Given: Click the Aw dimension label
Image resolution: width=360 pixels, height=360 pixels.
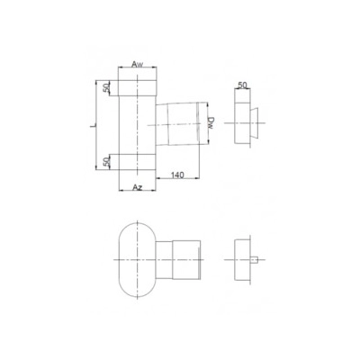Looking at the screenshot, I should pyautogui.click(x=137, y=65).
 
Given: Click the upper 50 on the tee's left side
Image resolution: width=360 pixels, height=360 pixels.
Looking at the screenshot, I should pyautogui.click(x=107, y=87).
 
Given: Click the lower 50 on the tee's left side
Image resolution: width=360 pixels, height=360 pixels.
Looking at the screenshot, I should pyautogui.click(x=107, y=161).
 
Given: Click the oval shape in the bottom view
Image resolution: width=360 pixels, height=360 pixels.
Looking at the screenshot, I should pyautogui.click(x=136, y=259).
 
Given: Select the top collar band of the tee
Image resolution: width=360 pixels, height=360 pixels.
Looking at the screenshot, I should pyautogui.click(x=137, y=87).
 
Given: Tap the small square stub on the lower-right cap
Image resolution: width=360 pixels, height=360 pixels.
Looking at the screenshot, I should pyautogui.click(x=259, y=261).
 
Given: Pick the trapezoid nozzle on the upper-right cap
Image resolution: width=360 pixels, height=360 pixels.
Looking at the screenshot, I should pyautogui.click(x=257, y=117).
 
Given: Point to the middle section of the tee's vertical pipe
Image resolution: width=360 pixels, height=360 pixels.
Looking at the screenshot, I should pyautogui.click(x=137, y=125).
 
